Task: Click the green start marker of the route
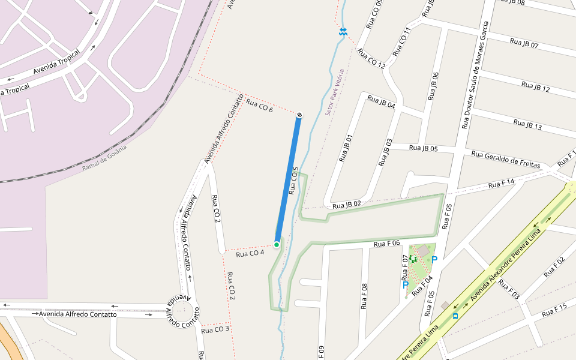(277, 244)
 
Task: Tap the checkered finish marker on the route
(299, 115)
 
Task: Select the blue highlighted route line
(288, 180)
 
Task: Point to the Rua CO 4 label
(250, 253)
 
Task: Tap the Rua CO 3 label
(215, 329)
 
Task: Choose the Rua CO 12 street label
(371, 59)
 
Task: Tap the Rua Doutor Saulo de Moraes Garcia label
(475, 75)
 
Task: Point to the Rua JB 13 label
(527, 124)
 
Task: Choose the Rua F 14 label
(502, 184)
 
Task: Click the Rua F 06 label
(386, 243)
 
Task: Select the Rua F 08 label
(364, 296)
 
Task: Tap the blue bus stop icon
(455, 315)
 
